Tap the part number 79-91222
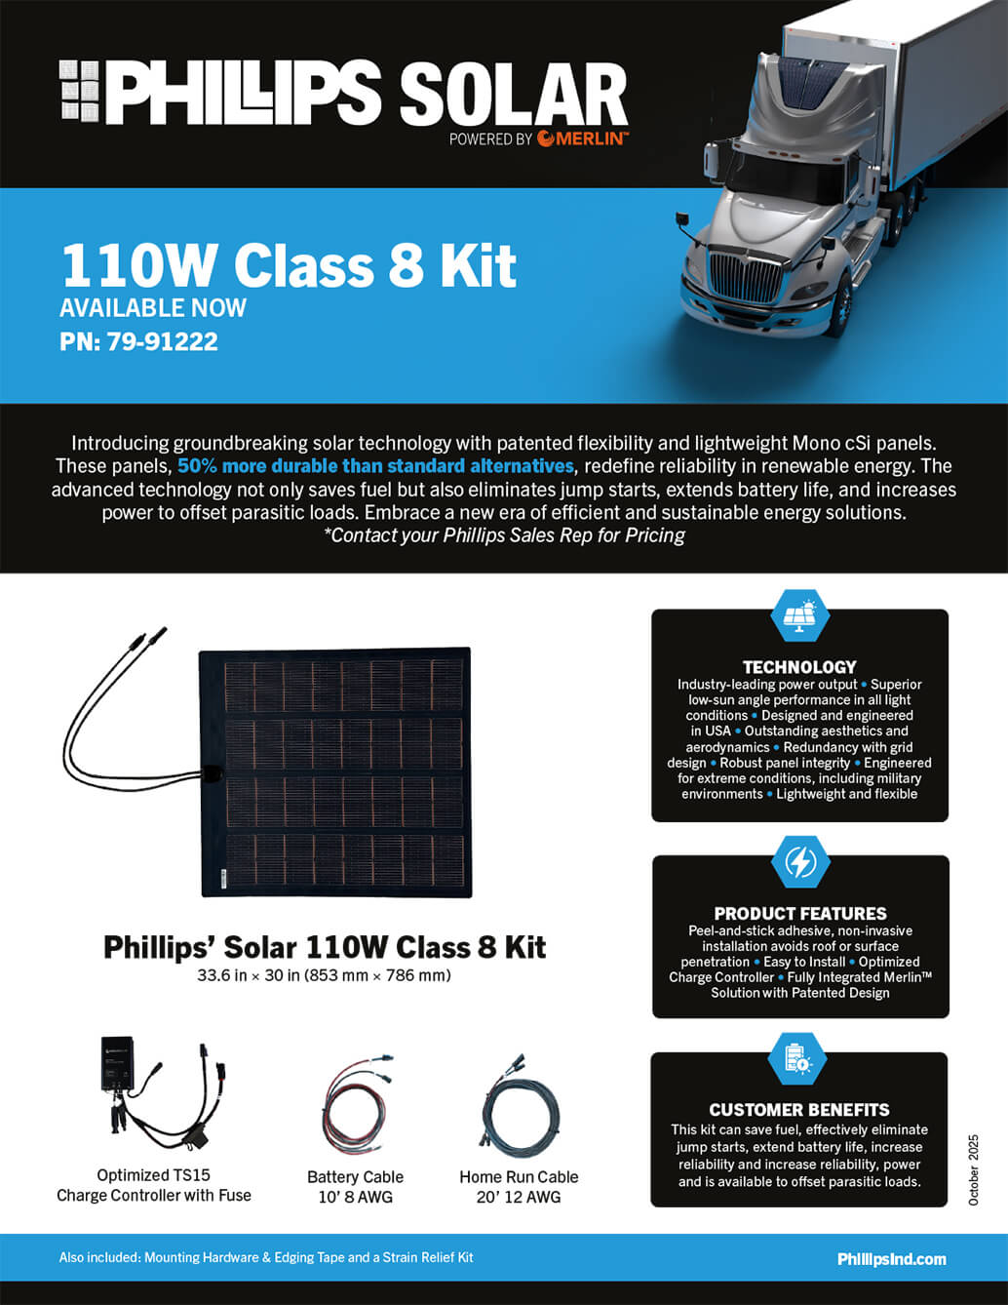pos(163,341)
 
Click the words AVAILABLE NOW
pos(153,308)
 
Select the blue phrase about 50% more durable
pos(375,466)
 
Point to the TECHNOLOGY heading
pos(799,667)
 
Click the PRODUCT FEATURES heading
pos(799,914)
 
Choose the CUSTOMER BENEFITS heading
pos(799,1110)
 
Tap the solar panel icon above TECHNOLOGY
pos(799,616)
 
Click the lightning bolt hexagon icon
pos(800,862)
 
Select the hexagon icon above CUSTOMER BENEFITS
pos(798,1059)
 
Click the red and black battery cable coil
pos(355,1106)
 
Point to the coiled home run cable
pos(520,1105)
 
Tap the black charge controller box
pos(117,1063)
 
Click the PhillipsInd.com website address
pos(892,1259)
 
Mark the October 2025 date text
pos(973,1169)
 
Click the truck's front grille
pos(745,277)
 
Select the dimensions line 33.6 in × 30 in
pos(324,975)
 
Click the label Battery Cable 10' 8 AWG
pos(355,1187)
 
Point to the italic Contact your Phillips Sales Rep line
pos(504,535)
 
